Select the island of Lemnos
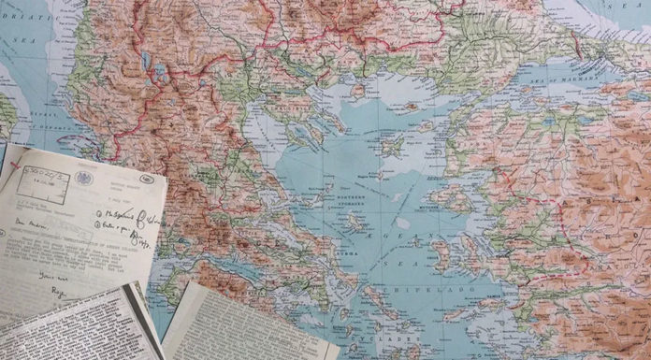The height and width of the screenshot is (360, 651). (x=391, y=145)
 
